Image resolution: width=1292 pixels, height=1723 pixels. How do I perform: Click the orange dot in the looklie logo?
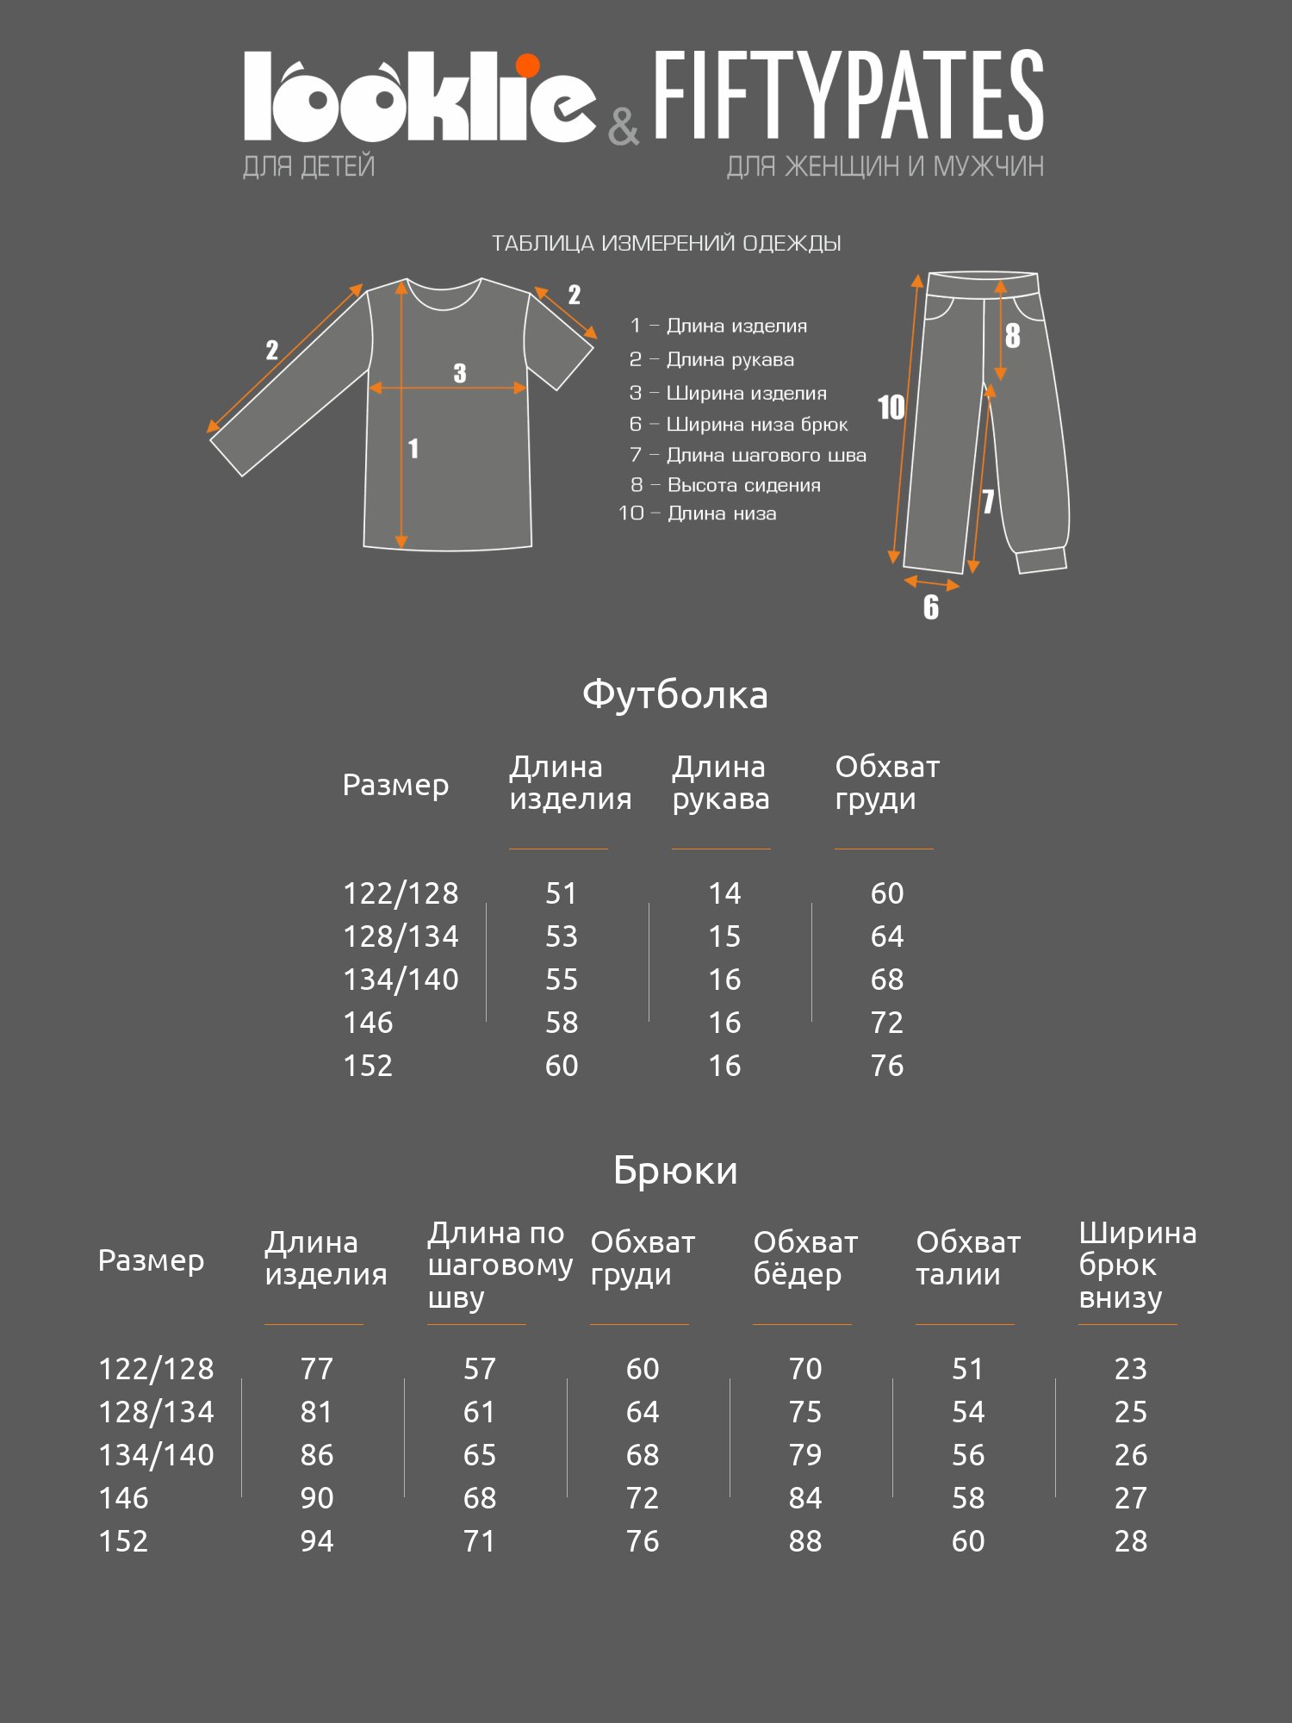527,66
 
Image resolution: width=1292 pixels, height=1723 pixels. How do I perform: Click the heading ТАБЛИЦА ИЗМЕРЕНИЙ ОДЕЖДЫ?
666,244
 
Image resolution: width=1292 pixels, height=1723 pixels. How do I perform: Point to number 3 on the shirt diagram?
460,373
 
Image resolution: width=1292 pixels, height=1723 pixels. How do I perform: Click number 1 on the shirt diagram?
413,448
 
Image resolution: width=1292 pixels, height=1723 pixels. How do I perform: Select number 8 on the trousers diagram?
1013,336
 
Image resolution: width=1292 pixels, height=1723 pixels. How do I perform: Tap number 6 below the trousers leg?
931,607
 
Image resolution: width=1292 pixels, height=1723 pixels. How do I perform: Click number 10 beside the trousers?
891,407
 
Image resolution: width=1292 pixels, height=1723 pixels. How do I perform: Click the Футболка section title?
674,694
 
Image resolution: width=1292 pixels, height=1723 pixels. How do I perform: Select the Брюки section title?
675,1170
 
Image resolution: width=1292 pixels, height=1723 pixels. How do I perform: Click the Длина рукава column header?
720,783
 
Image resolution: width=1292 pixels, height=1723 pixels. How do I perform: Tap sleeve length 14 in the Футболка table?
724,893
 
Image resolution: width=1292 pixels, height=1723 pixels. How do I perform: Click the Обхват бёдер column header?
805,1259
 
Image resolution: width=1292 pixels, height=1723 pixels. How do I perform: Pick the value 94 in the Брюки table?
317,1541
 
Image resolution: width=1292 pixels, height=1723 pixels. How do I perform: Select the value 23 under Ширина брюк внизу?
1131,1369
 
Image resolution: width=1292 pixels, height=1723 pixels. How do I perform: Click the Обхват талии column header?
968,1259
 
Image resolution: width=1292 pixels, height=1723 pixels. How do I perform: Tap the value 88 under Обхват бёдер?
805,1541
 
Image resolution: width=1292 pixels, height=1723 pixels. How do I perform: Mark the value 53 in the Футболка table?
562,936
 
